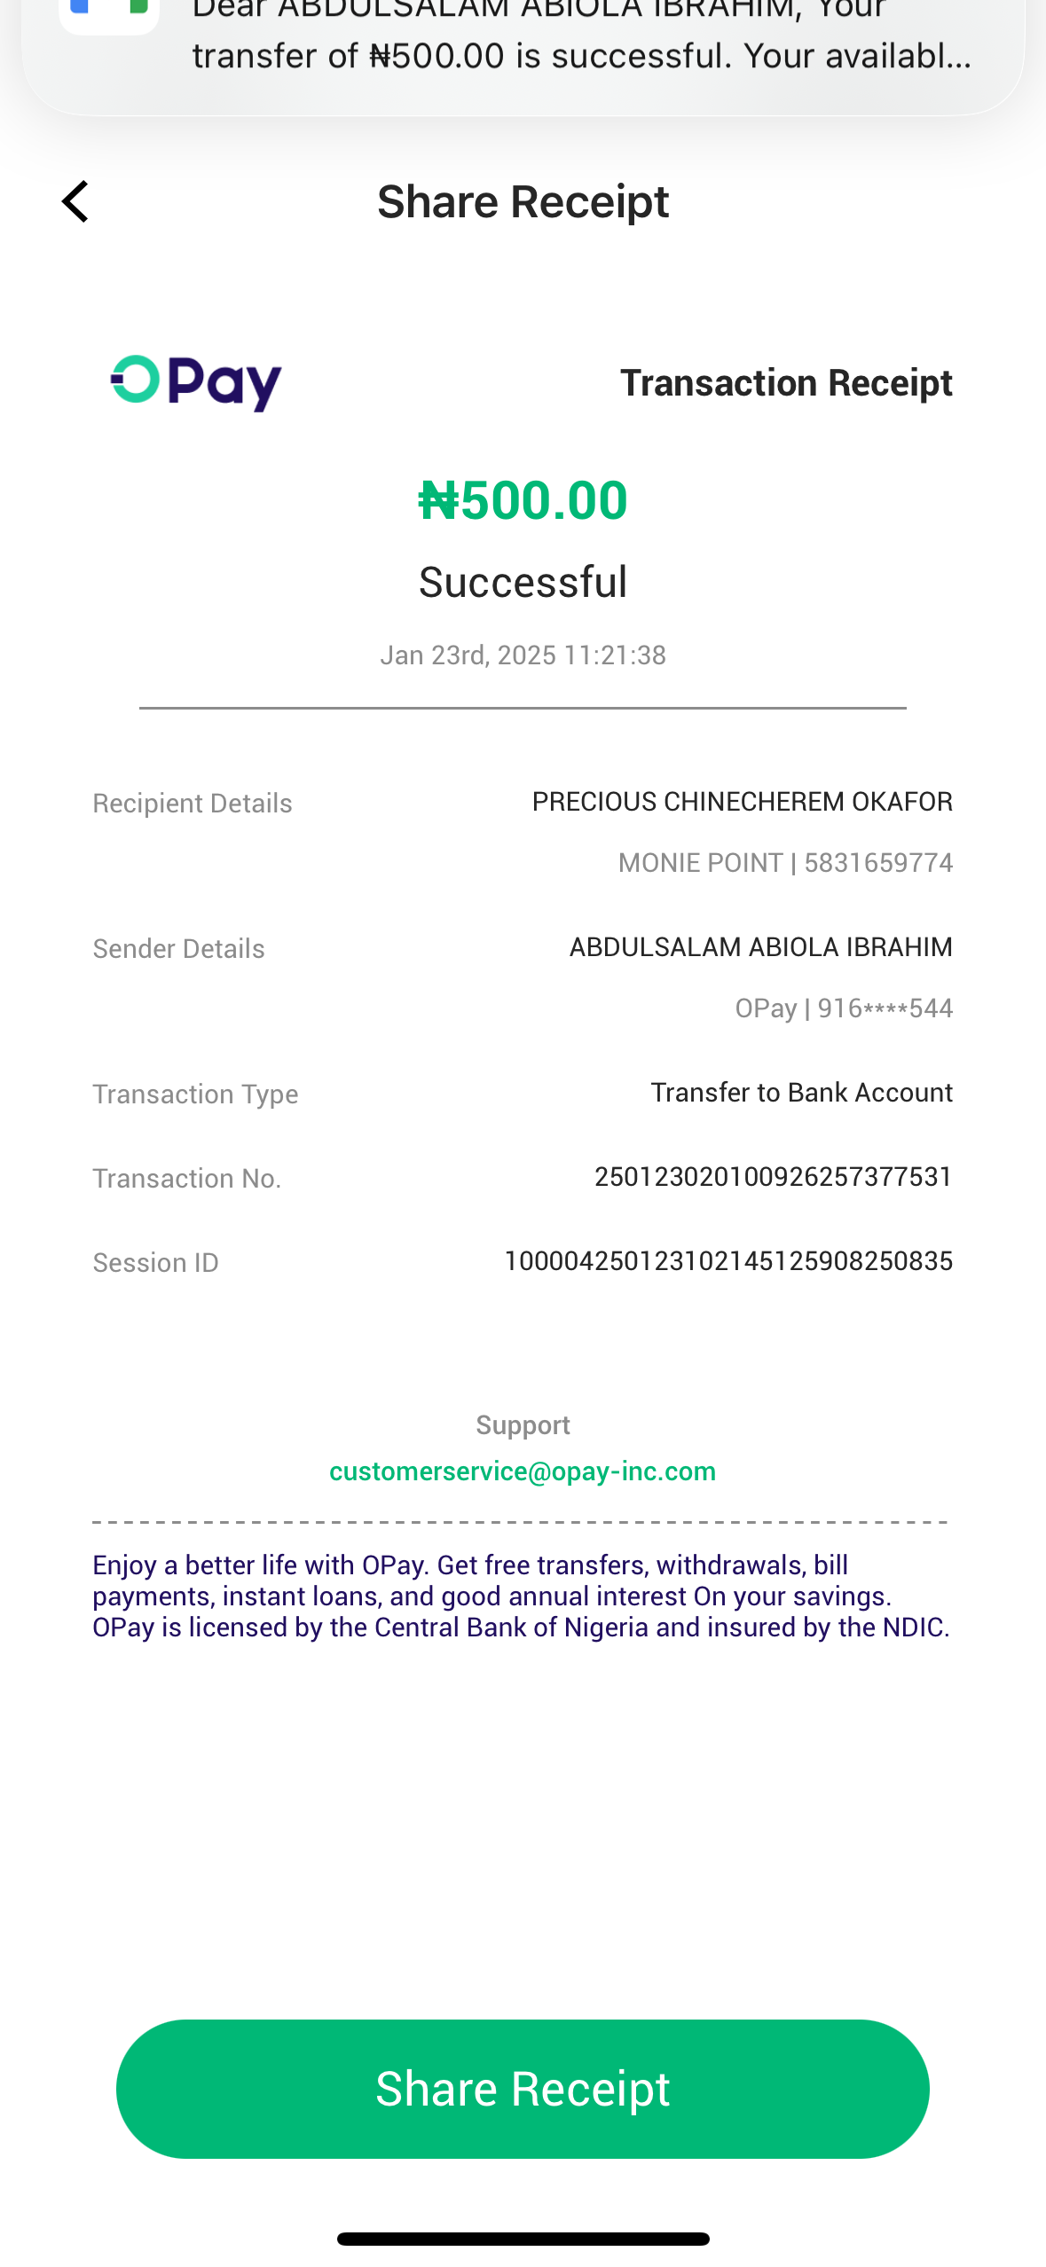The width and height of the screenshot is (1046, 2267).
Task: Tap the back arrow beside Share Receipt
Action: point(76,202)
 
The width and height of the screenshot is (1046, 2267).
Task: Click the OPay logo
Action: point(196,382)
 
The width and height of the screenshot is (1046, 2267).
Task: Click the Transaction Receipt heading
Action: point(786,383)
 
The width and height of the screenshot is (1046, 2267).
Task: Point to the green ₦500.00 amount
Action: point(523,500)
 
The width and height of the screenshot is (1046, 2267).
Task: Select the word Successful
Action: point(523,583)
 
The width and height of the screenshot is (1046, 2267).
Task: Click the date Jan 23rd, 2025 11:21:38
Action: point(523,655)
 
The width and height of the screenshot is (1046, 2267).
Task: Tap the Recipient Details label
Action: point(193,804)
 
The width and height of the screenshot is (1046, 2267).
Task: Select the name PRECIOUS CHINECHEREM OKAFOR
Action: point(742,802)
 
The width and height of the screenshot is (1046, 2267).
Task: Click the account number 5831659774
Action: point(878,863)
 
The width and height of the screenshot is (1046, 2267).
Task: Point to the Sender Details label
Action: point(178,949)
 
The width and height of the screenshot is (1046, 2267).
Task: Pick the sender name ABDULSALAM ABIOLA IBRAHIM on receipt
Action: point(760,947)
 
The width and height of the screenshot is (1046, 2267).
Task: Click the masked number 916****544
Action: point(885,1008)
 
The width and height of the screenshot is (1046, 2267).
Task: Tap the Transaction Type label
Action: point(195,1094)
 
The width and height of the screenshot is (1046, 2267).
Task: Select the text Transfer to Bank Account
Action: point(801,1093)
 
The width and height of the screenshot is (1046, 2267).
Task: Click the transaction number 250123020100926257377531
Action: point(773,1177)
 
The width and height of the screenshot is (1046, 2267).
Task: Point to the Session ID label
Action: point(155,1263)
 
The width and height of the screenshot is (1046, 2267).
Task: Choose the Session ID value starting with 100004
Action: point(727,1261)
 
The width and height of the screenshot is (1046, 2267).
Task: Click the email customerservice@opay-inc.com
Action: point(523,1471)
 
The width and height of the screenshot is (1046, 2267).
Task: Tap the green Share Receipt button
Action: point(523,2089)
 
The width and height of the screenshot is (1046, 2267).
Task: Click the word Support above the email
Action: point(523,1425)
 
